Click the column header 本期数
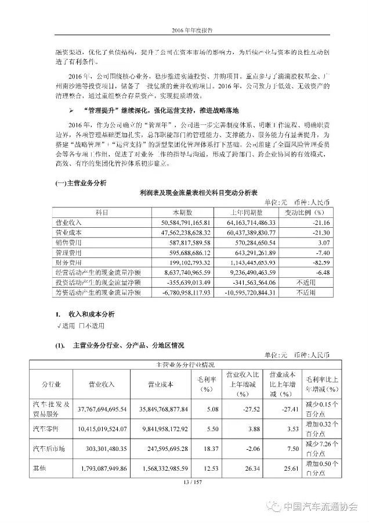pyautogui.click(x=173, y=212)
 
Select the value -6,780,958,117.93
pyautogui.click(x=180, y=292)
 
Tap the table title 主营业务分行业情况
pyautogui.click(x=184, y=365)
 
